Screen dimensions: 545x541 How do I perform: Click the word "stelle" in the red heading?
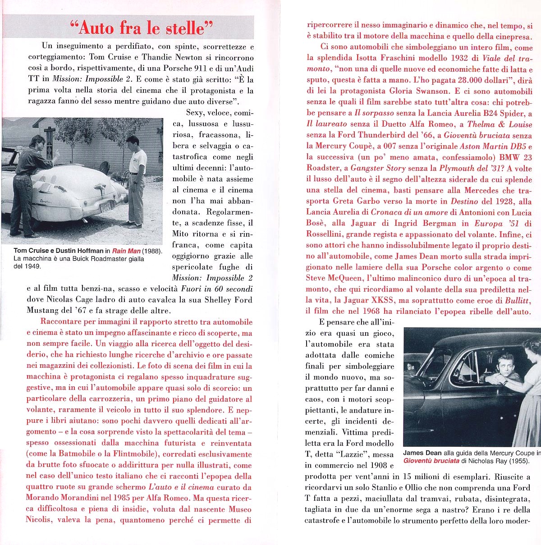click(x=185, y=28)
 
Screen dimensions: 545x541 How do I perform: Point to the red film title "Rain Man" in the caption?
click(x=126, y=251)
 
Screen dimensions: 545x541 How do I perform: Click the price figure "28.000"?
click(x=464, y=80)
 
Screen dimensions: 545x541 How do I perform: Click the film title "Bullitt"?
click(x=516, y=300)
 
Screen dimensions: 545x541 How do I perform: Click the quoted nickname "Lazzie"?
click(x=356, y=454)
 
